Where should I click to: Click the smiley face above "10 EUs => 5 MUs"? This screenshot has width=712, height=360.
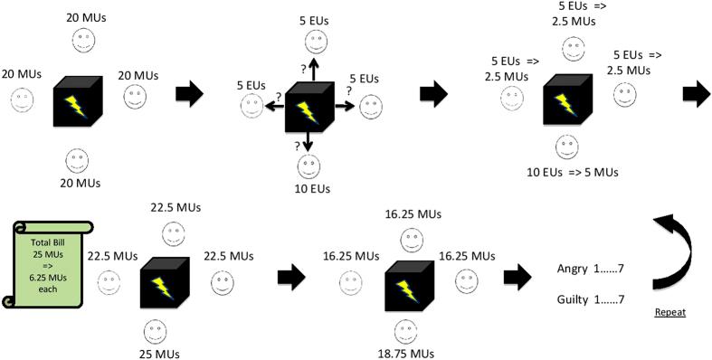click(x=566, y=146)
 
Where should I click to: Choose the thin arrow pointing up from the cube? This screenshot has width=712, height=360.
click(x=314, y=71)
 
